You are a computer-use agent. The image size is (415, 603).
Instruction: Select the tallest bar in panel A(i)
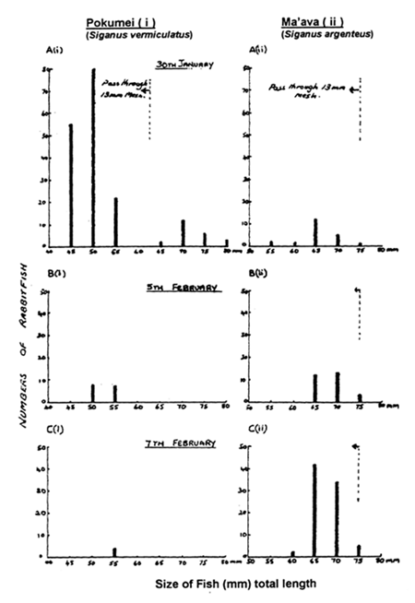[93, 157]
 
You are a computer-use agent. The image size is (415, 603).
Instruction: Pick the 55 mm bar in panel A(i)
[115, 221]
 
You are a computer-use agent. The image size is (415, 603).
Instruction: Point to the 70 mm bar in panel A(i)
[183, 232]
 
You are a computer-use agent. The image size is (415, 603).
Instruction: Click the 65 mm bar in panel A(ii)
[315, 231]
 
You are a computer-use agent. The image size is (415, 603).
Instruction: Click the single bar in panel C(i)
[115, 552]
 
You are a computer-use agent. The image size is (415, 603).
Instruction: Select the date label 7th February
[184, 443]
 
